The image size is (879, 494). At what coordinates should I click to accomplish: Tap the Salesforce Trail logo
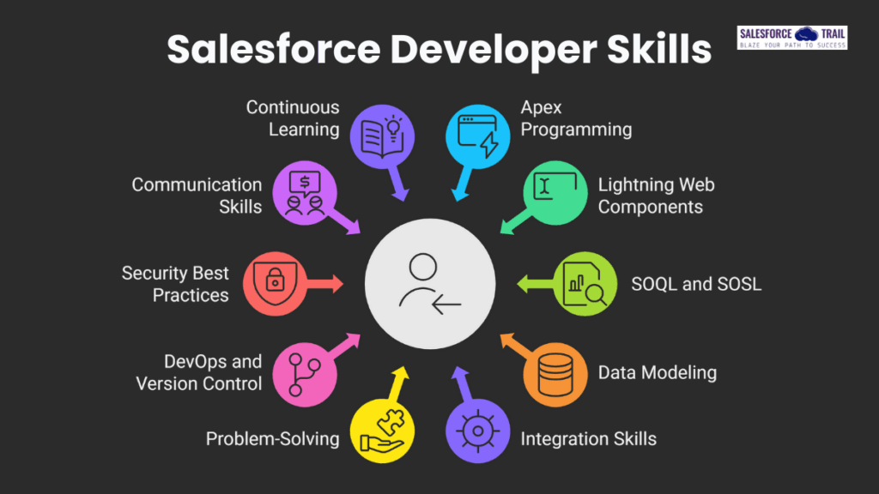[x=791, y=38]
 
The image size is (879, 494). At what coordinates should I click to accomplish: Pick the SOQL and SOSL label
[x=696, y=283]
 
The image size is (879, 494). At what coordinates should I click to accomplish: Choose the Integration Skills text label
[x=588, y=439]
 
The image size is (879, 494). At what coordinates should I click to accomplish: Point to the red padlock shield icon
[x=274, y=283]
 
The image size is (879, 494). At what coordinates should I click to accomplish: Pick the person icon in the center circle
[x=430, y=283]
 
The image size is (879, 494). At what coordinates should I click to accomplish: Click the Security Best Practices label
[x=175, y=284]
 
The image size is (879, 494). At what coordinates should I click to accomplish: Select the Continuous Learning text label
[x=293, y=118]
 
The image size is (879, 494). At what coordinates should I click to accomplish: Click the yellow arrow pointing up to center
[x=397, y=382]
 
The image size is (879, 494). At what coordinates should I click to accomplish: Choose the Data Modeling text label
[x=657, y=372]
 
